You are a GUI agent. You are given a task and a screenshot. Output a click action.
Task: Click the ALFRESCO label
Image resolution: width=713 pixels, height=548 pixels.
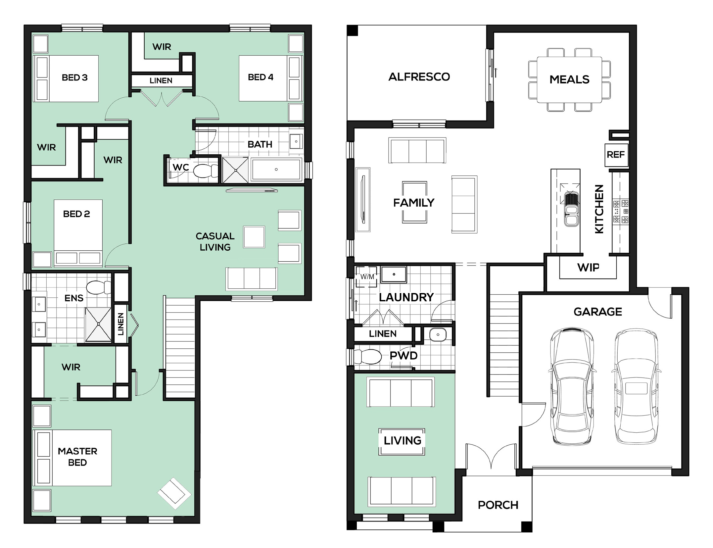419,77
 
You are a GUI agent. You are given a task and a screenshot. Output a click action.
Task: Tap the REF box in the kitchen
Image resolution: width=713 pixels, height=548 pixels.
616,155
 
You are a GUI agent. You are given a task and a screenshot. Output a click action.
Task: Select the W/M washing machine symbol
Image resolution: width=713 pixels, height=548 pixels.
367,277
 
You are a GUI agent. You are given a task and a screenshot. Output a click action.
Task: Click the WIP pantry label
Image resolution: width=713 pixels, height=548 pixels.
588,267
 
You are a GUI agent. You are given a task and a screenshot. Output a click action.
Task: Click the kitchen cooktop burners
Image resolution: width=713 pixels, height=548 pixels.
621,211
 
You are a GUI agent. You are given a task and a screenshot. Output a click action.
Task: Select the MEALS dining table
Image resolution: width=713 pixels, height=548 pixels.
569,79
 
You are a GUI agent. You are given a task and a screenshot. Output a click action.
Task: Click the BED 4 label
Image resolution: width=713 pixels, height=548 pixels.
261,77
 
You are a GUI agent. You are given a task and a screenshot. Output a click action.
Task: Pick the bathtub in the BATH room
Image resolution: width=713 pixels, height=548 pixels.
276,170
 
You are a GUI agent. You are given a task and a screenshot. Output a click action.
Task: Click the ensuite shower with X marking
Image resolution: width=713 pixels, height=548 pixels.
98,324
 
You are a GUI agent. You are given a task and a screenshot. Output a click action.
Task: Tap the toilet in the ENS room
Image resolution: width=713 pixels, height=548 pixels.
99,287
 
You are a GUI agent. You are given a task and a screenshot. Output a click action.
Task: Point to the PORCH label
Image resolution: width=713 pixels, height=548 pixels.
498,505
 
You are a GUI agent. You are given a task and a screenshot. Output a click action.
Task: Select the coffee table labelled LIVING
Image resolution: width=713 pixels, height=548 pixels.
402,441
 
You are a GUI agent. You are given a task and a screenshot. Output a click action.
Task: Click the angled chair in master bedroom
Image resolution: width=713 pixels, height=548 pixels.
174,493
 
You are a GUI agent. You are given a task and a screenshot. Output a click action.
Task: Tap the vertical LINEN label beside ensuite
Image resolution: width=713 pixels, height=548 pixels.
120,324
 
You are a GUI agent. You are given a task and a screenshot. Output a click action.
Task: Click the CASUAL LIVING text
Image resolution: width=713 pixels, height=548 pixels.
215,242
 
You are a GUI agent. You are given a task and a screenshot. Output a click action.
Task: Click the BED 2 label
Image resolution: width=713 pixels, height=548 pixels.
76,214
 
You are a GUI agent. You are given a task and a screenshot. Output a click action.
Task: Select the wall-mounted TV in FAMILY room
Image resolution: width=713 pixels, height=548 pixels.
363,200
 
